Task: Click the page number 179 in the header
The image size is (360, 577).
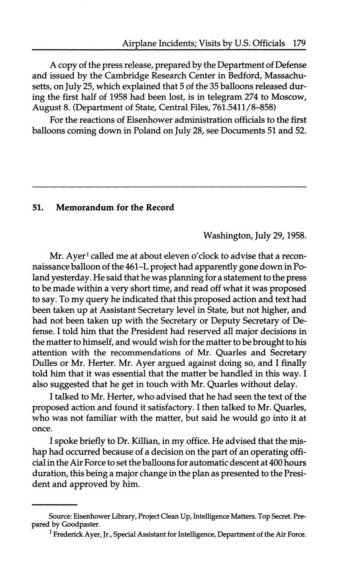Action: click(300, 43)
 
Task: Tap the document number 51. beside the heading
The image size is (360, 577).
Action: click(38, 208)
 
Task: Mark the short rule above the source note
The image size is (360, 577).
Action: click(54, 505)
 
